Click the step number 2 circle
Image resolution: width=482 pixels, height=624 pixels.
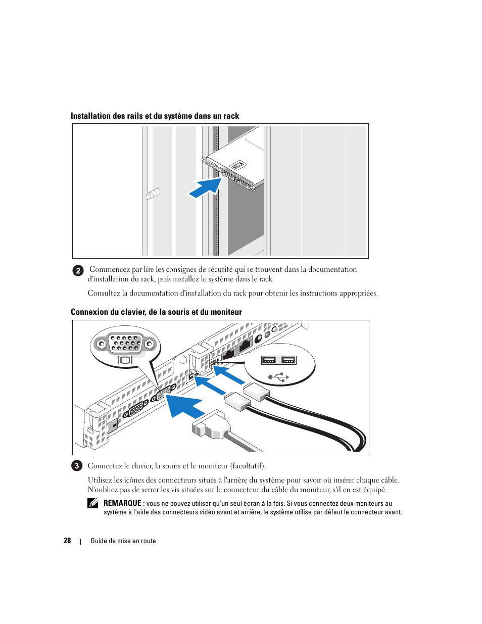click(x=77, y=270)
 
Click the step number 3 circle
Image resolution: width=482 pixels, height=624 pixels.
click(x=77, y=466)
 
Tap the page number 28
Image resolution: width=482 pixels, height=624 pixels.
click(x=67, y=541)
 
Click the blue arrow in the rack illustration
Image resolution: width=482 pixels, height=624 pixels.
click(x=206, y=187)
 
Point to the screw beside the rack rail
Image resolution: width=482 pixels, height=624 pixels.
click(x=153, y=194)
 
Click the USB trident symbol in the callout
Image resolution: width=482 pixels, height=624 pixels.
click(x=279, y=376)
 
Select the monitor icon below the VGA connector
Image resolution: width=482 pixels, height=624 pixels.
click(x=125, y=360)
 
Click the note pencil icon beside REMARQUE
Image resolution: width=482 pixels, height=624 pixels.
click(x=92, y=503)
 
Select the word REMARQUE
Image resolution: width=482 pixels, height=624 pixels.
click(x=122, y=503)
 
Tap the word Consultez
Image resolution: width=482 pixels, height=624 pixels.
click(x=104, y=293)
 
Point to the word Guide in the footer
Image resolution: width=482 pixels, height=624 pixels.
click(x=99, y=541)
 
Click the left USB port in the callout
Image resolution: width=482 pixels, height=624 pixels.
click(x=269, y=360)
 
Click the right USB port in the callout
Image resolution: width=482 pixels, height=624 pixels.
click(x=288, y=360)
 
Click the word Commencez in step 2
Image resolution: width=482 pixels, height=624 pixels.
click(x=109, y=269)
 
